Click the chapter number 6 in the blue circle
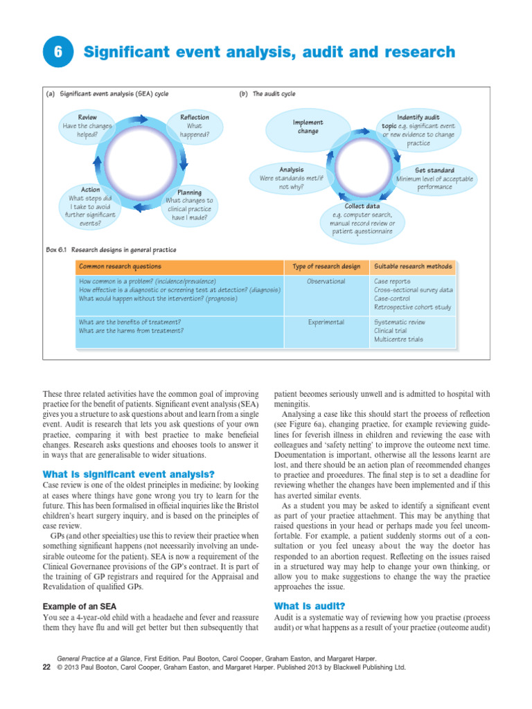point(57,53)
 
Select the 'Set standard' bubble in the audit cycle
point(434,179)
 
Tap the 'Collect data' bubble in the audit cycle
point(362,219)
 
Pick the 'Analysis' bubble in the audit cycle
point(291,178)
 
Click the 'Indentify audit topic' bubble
point(418,130)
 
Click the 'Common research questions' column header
point(120,267)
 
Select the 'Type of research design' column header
point(326,267)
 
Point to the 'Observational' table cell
point(326,282)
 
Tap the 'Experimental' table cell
point(326,322)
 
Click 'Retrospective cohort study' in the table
point(412,307)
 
